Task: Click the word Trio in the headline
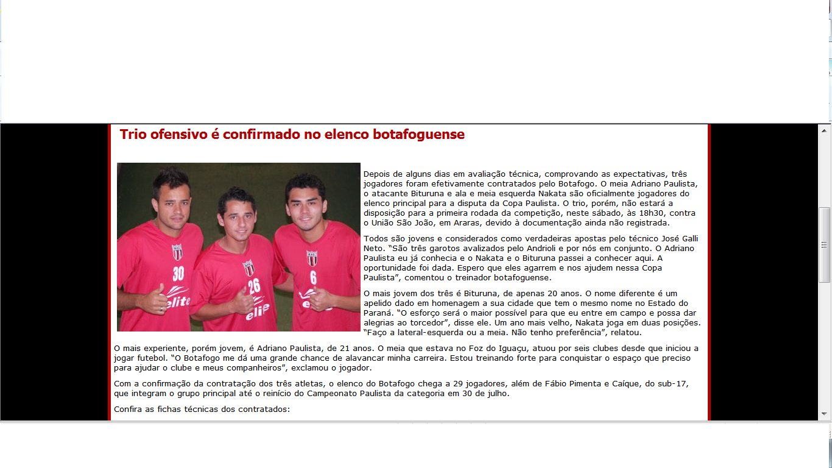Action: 133,135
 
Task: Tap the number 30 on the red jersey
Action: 178,272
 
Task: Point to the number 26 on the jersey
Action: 254,285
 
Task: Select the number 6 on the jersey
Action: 313,277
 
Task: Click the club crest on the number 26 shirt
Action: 248,268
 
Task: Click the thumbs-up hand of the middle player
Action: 244,301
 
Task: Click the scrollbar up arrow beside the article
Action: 824,131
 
